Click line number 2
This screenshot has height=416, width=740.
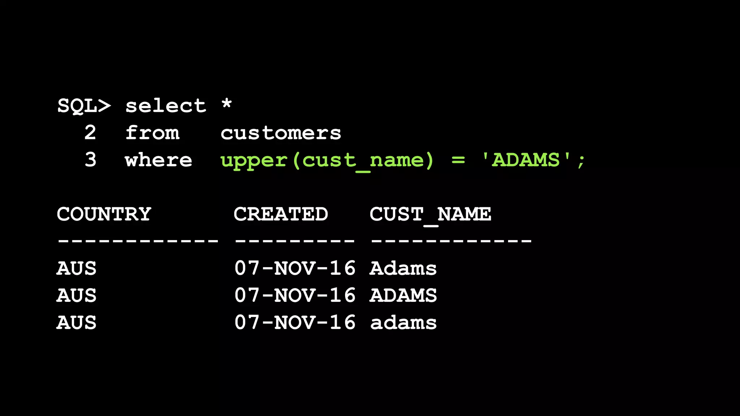pos(90,133)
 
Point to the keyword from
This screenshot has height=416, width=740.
pos(152,133)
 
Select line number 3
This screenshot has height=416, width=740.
pos(90,160)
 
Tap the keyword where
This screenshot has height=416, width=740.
pos(159,160)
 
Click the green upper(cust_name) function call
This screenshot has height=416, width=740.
pos(327,161)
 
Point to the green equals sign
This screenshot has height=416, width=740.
pos(458,160)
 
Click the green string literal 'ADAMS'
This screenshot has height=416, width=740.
pos(526,160)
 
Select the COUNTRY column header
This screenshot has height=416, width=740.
pos(104,214)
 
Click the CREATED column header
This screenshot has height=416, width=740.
pos(281,214)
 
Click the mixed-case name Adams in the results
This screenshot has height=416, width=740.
pos(403,268)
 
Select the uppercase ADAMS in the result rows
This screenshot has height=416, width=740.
pos(403,295)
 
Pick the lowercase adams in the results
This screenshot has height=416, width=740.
pos(403,322)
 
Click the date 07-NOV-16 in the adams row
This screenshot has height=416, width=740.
pos(295,322)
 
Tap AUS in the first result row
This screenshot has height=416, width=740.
pos(77,268)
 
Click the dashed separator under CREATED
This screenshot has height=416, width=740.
pos(295,240)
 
